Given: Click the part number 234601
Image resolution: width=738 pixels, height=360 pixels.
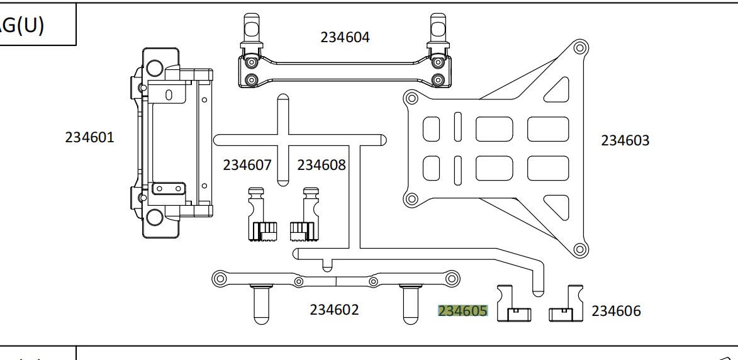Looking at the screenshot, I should (x=90, y=137).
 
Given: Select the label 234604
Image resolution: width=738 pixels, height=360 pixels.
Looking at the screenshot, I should (x=345, y=37).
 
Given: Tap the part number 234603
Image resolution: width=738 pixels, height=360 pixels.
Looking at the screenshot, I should (x=625, y=140).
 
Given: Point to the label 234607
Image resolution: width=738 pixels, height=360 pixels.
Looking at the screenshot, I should (x=247, y=165).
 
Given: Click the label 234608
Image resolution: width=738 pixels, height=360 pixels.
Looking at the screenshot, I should (x=321, y=165).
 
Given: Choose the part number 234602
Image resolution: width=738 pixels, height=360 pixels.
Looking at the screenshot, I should (x=334, y=310).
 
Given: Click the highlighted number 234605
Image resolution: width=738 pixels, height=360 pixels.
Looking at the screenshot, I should (x=463, y=311).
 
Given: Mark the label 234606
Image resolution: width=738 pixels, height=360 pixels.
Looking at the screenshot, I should (x=616, y=311).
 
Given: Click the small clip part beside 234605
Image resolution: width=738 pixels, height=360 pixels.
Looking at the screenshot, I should (x=513, y=305).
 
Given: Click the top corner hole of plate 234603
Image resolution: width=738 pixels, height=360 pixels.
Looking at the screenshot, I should (x=580, y=48).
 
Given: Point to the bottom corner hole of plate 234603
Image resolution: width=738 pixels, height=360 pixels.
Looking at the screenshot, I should (x=580, y=250).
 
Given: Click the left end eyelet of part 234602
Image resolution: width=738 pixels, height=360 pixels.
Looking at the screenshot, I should (x=220, y=278).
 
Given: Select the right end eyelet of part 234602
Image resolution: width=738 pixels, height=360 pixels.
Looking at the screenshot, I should (x=452, y=278).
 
